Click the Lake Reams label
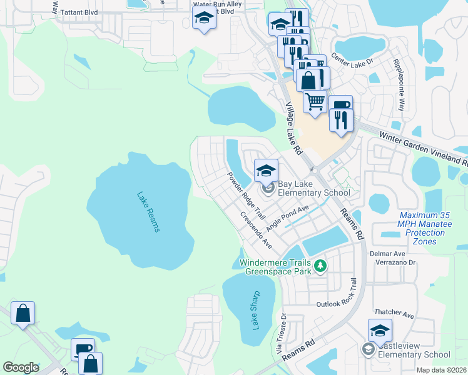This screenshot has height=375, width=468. click(x=148, y=211)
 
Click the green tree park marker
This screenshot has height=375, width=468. click(x=320, y=267)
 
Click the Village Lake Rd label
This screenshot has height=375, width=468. click(x=293, y=128)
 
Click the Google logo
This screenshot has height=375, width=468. click(x=21, y=367)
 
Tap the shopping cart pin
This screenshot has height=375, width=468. click(x=315, y=101)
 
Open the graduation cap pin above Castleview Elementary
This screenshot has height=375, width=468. click(x=380, y=331)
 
